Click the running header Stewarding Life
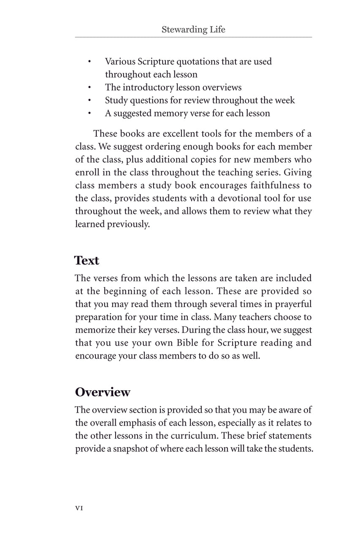point(193,30)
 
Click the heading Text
point(87,260)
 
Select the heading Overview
point(103,392)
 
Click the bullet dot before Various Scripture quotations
point(89,62)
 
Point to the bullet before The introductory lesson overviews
point(89,88)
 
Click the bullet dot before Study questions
point(89,101)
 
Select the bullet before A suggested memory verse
point(89,113)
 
